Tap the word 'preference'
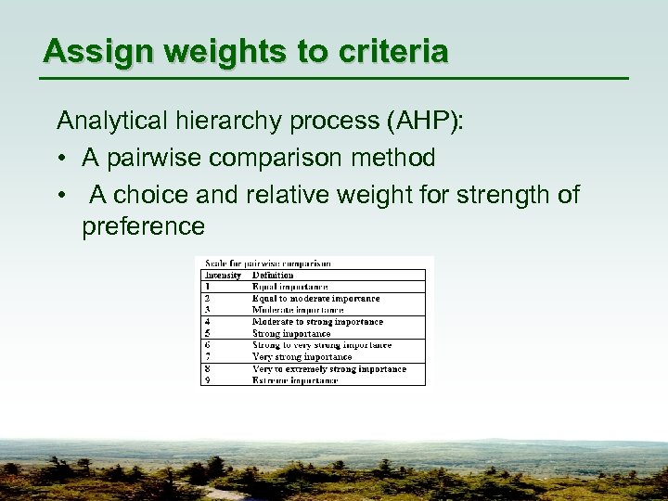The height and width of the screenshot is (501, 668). (x=143, y=226)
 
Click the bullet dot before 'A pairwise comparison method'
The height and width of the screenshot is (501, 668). (x=61, y=159)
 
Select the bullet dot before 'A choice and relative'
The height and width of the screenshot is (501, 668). (x=61, y=196)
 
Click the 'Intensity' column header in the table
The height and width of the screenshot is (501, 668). (x=223, y=275)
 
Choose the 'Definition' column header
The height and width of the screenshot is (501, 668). (x=273, y=275)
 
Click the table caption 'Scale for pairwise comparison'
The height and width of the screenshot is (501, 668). (x=266, y=263)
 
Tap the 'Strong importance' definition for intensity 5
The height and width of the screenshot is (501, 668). (x=291, y=333)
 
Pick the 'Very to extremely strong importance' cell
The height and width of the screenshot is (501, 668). (x=329, y=368)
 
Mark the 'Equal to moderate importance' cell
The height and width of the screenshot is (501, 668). (x=316, y=299)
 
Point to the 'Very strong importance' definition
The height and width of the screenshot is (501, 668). (x=302, y=356)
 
